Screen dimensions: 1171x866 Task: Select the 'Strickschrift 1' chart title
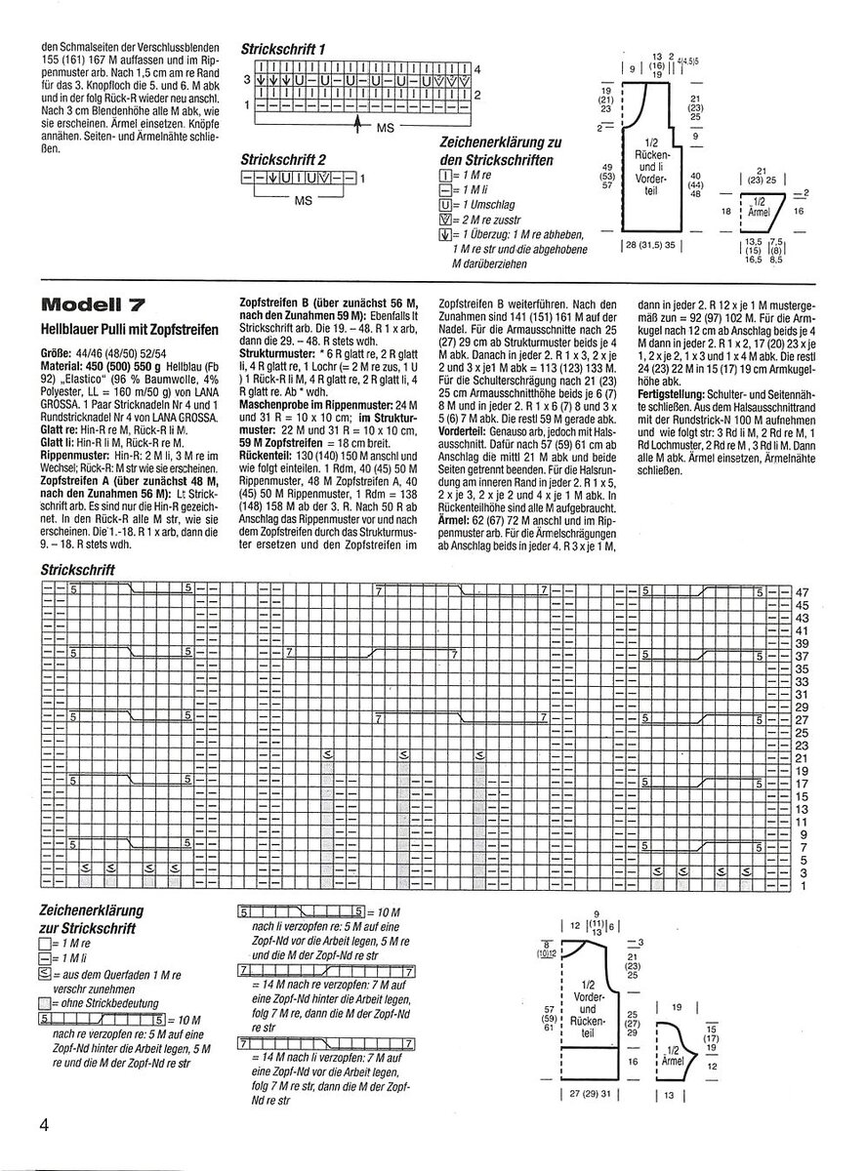pos(283,48)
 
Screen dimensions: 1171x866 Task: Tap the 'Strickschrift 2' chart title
pos(284,158)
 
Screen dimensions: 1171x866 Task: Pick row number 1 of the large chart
pos(803,885)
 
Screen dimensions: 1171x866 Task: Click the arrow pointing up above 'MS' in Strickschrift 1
pos(359,121)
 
